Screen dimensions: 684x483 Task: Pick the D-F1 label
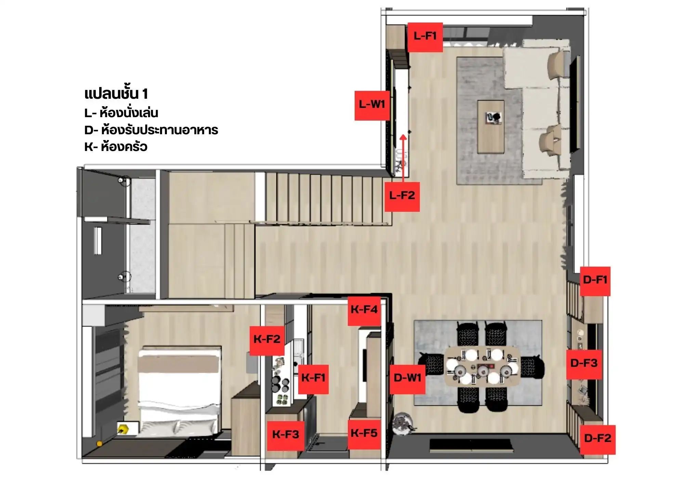pyautogui.click(x=595, y=281)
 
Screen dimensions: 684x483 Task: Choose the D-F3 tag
pyautogui.click(x=584, y=364)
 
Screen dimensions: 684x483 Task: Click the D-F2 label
pyautogui.click(x=597, y=440)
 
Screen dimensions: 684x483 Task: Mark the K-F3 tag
pyautogui.click(x=286, y=436)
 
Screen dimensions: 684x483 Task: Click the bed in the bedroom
pyautogui.click(x=178, y=390)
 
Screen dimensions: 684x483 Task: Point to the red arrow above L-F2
pyautogui.click(x=404, y=158)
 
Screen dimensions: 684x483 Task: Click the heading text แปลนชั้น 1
pyautogui.click(x=116, y=94)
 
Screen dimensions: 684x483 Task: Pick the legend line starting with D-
pyautogui.click(x=151, y=130)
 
